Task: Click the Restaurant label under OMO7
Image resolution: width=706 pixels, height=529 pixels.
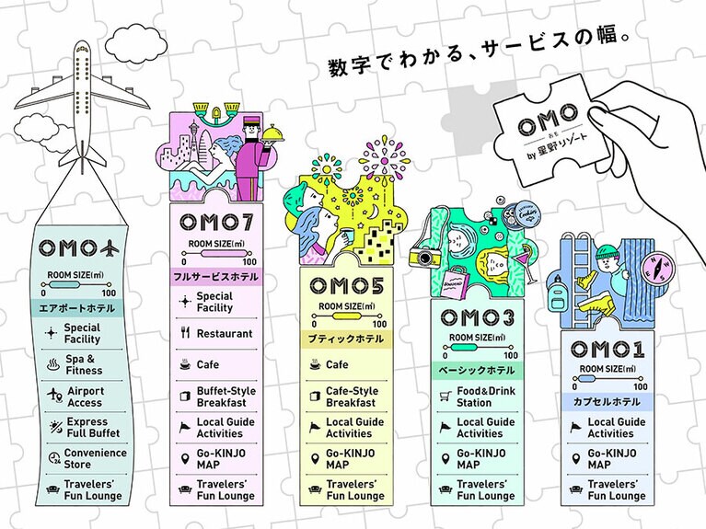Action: (x=225, y=334)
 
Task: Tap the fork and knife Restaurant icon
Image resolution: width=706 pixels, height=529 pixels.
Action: (x=184, y=334)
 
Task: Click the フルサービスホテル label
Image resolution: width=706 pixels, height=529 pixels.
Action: (x=214, y=276)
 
